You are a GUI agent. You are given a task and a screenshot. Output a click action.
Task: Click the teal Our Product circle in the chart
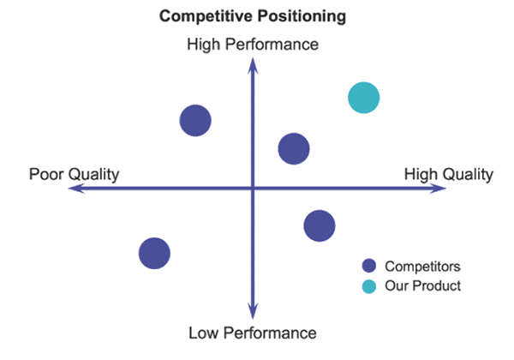363,97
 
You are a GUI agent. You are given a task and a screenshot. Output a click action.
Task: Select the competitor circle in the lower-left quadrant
154,252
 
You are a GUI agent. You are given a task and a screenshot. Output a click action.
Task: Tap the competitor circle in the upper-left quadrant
196,120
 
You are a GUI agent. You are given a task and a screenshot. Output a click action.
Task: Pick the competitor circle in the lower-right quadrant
320,225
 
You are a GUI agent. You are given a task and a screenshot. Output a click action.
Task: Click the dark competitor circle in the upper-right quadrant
294,148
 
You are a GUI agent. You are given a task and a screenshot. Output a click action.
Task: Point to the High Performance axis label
252,44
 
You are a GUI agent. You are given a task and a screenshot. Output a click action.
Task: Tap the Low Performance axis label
252,333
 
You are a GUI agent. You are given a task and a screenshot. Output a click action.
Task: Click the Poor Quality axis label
74,174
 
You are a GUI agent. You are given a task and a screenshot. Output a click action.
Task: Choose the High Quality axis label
448,174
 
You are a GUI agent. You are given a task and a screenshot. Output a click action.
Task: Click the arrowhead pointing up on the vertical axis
253,63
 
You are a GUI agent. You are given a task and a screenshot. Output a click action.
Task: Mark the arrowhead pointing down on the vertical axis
253,314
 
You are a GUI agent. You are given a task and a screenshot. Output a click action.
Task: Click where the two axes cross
253,189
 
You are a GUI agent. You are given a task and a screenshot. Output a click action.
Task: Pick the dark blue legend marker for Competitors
369,265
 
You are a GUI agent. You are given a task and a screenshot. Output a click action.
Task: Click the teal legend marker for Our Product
369,285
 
